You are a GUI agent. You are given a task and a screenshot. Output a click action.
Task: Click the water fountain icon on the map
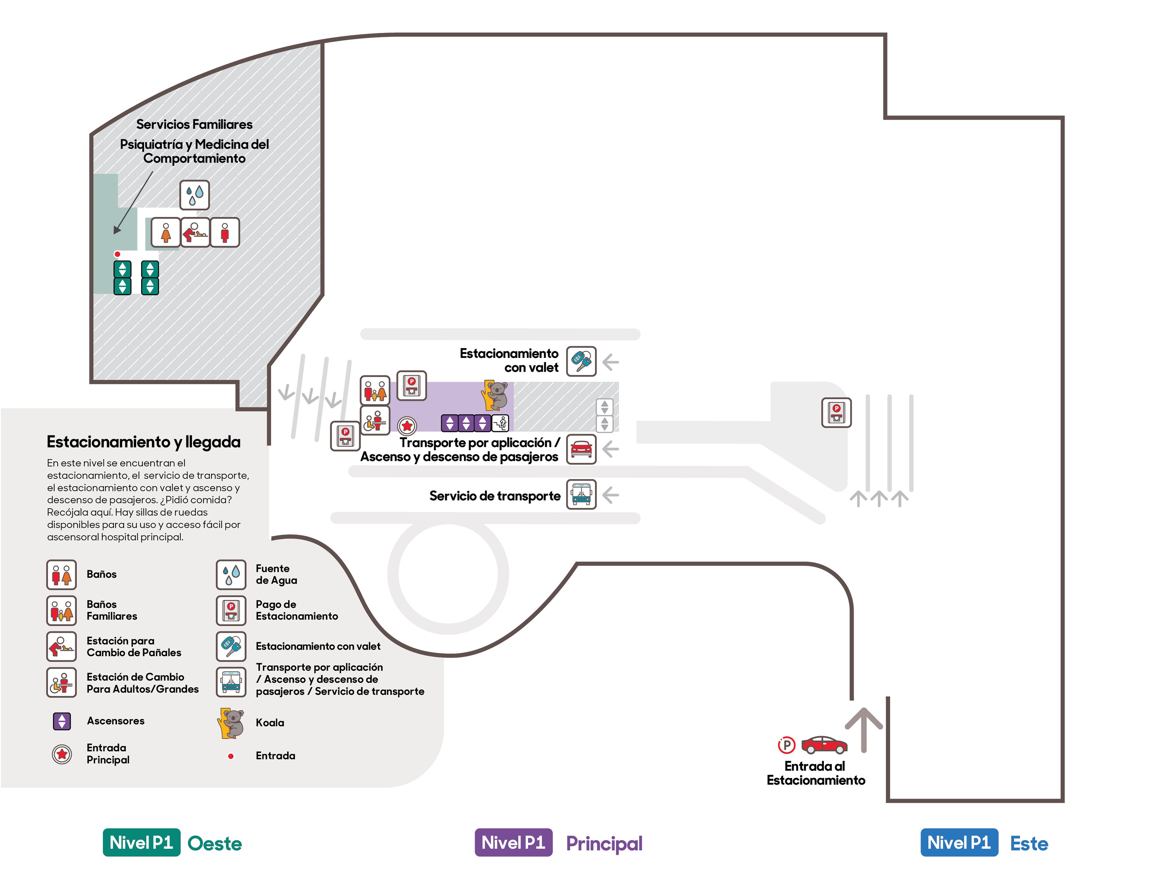click(x=195, y=195)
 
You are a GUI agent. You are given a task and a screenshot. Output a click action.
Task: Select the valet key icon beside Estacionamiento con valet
click(x=581, y=361)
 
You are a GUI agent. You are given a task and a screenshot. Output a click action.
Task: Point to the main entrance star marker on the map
click(x=407, y=425)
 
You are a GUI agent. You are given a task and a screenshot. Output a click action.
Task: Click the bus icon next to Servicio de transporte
click(x=581, y=495)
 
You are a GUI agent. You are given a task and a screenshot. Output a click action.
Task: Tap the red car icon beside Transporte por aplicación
click(x=581, y=449)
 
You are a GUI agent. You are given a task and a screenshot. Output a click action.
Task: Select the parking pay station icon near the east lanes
click(x=837, y=412)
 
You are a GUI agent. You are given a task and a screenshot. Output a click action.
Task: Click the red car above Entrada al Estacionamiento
click(x=825, y=745)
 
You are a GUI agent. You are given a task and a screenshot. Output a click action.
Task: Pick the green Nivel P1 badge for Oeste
click(x=141, y=843)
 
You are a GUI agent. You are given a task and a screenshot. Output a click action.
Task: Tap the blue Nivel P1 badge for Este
click(x=959, y=843)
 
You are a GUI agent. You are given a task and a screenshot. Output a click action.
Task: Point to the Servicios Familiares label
click(x=194, y=124)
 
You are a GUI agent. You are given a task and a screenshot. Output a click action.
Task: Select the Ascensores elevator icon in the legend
click(x=62, y=721)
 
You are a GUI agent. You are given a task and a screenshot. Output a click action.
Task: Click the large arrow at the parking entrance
click(x=863, y=730)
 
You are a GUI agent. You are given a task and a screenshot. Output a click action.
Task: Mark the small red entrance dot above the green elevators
click(x=117, y=254)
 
